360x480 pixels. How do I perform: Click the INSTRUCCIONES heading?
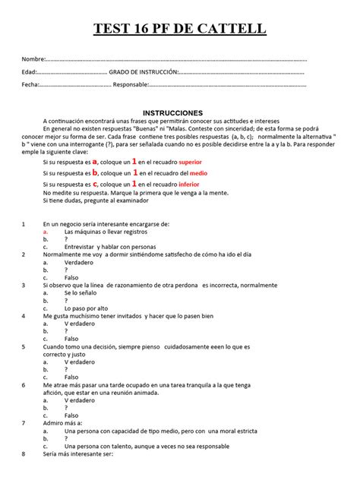180,111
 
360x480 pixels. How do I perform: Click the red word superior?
186,163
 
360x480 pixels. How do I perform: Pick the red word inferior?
185,185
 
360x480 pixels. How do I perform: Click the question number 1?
25,225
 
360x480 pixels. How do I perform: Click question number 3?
25,285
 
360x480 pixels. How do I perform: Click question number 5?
25,346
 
